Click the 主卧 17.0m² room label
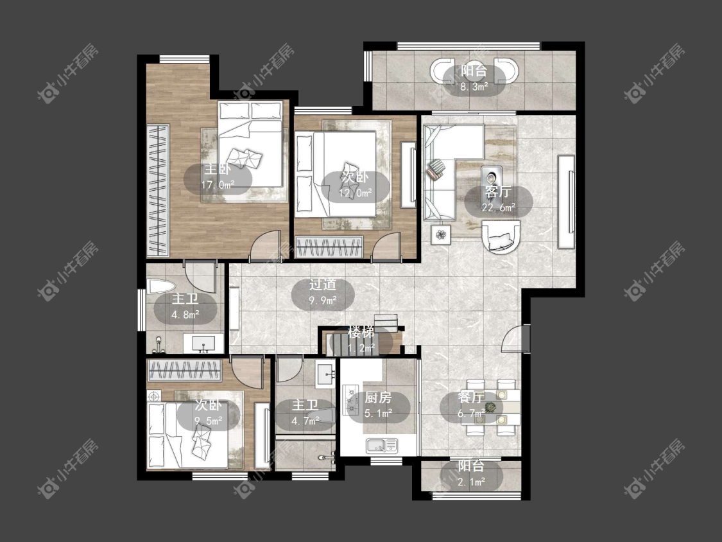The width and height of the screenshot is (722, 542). [x=218, y=177]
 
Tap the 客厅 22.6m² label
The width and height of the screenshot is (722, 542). [x=498, y=200]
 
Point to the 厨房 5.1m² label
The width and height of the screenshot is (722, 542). [x=378, y=405]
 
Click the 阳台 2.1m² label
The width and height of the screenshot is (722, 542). [x=471, y=474]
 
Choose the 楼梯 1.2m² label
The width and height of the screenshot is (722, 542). [x=361, y=340]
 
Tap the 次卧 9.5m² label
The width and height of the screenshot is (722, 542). [x=209, y=413]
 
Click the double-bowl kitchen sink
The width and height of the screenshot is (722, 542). [x=381, y=445]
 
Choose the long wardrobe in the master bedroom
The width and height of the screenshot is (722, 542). [x=158, y=190]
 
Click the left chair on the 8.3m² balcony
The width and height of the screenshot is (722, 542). [x=443, y=71]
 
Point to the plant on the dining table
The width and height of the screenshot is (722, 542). [x=492, y=407]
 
